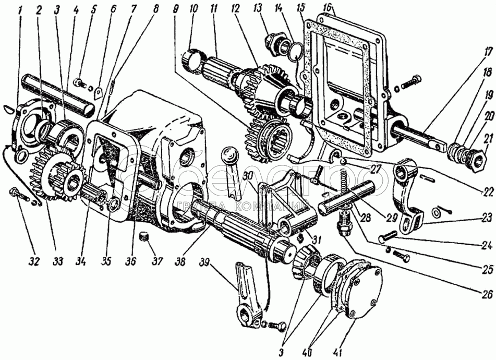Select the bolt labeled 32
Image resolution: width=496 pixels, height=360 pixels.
coord(20,196)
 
